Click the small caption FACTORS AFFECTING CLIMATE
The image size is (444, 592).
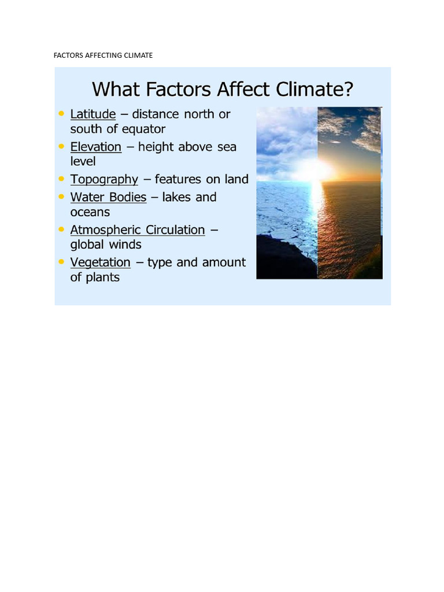[103, 55]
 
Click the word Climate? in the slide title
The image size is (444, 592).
[314, 89]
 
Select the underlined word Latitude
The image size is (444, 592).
[93, 114]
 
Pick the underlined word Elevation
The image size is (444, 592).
[96, 147]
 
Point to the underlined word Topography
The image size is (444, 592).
[104, 180]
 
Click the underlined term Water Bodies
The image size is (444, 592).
[108, 197]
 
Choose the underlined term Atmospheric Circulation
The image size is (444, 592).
[138, 230]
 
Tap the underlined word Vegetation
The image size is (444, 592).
[101, 263]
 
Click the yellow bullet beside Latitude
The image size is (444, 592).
[61, 113]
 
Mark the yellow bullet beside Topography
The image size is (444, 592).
[61, 179]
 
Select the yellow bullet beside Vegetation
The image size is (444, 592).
[61, 262]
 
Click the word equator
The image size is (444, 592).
[144, 129]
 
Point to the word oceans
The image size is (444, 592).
[90, 212]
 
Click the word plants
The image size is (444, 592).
[103, 277]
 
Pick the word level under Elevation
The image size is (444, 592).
[83, 161]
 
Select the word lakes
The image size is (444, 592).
[176, 197]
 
